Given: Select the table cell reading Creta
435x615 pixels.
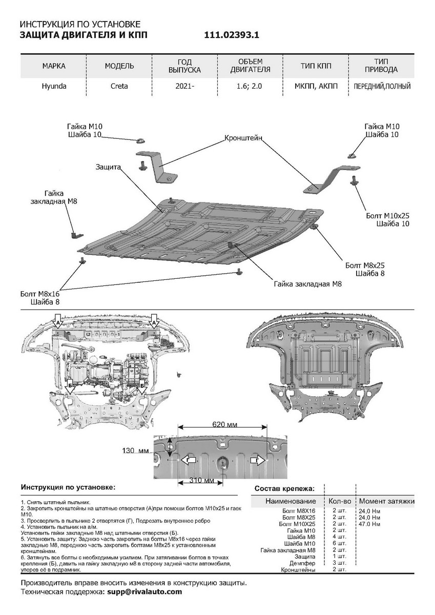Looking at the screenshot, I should (x=119, y=87).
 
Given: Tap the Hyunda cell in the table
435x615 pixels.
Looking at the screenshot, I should (x=54, y=87).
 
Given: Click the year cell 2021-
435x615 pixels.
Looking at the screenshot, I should (x=185, y=87).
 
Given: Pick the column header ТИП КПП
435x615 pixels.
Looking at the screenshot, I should (x=316, y=66).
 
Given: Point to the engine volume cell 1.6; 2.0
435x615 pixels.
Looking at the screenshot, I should (x=250, y=87).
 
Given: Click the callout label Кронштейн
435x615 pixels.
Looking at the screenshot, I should (x=243, y=138).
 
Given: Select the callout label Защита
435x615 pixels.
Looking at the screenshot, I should (x=108, y=167).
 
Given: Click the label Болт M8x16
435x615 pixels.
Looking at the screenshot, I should (x=40, y=294).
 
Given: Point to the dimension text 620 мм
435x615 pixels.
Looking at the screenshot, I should (x=224, y=425).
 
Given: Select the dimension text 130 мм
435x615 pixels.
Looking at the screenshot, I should (x=135, y=450).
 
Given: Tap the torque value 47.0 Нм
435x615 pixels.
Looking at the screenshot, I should (x=369, y=524).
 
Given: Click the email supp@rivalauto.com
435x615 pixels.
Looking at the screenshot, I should (x=144, y=591).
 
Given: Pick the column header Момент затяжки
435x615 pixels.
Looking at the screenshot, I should (x=386, y=501).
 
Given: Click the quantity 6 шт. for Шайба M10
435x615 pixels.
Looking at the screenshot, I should (x=339, y=543).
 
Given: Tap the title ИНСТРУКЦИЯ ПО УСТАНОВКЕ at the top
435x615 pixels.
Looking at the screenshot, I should (x=79, y=24).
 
